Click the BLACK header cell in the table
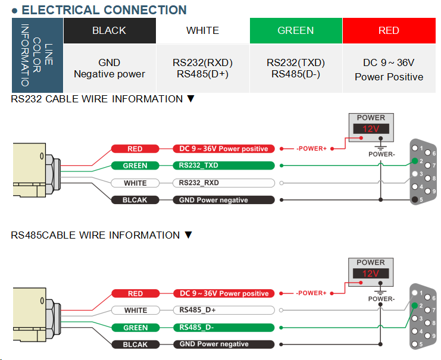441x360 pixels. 110,30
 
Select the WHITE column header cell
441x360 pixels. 202,30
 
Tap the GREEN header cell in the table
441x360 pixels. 296,30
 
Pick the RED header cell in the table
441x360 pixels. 389,30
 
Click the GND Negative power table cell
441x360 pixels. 110,68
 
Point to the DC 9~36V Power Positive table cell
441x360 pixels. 389,69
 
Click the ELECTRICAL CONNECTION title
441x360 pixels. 104,10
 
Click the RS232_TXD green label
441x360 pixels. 224,165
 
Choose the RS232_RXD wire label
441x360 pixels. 224,183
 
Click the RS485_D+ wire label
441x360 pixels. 224,310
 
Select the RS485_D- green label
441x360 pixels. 224,327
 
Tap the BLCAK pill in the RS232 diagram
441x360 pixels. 135,200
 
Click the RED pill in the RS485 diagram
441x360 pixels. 135,293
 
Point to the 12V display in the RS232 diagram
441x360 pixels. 371,129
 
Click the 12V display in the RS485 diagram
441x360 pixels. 371,274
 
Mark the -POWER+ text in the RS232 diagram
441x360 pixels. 312,149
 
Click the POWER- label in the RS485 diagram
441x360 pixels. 381,299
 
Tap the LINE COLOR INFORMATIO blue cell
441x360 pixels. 37,55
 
